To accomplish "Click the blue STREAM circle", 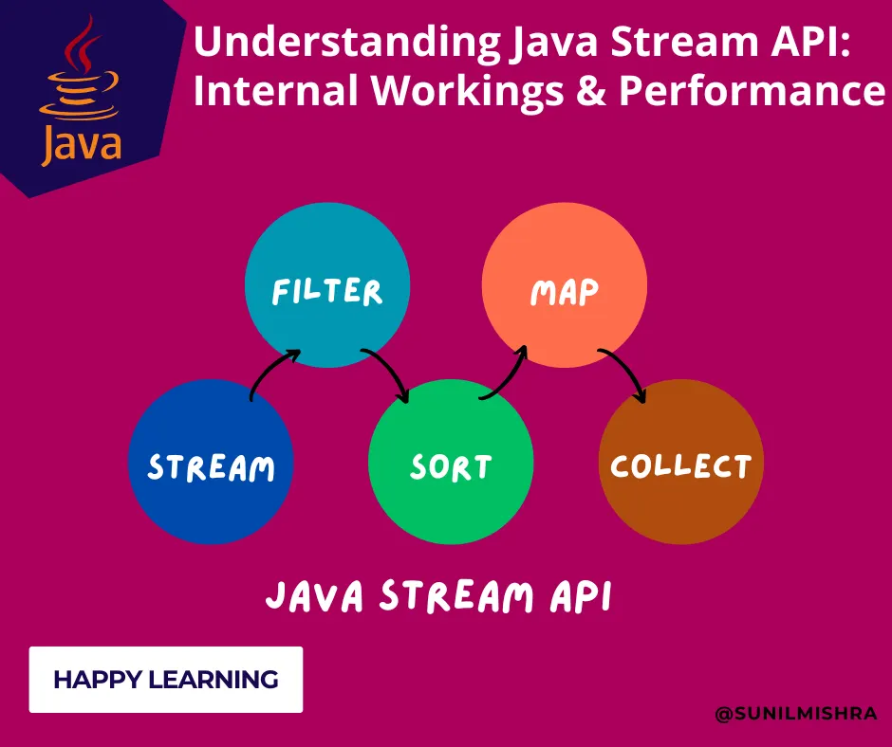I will (211, 464).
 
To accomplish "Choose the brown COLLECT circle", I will (681, 464).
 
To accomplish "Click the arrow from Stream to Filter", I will (270, 370).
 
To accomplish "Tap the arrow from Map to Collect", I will (626, 372).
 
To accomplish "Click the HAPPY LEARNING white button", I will (166, 679).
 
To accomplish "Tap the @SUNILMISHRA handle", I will (796, 713).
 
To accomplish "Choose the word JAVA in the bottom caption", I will (314, 597).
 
